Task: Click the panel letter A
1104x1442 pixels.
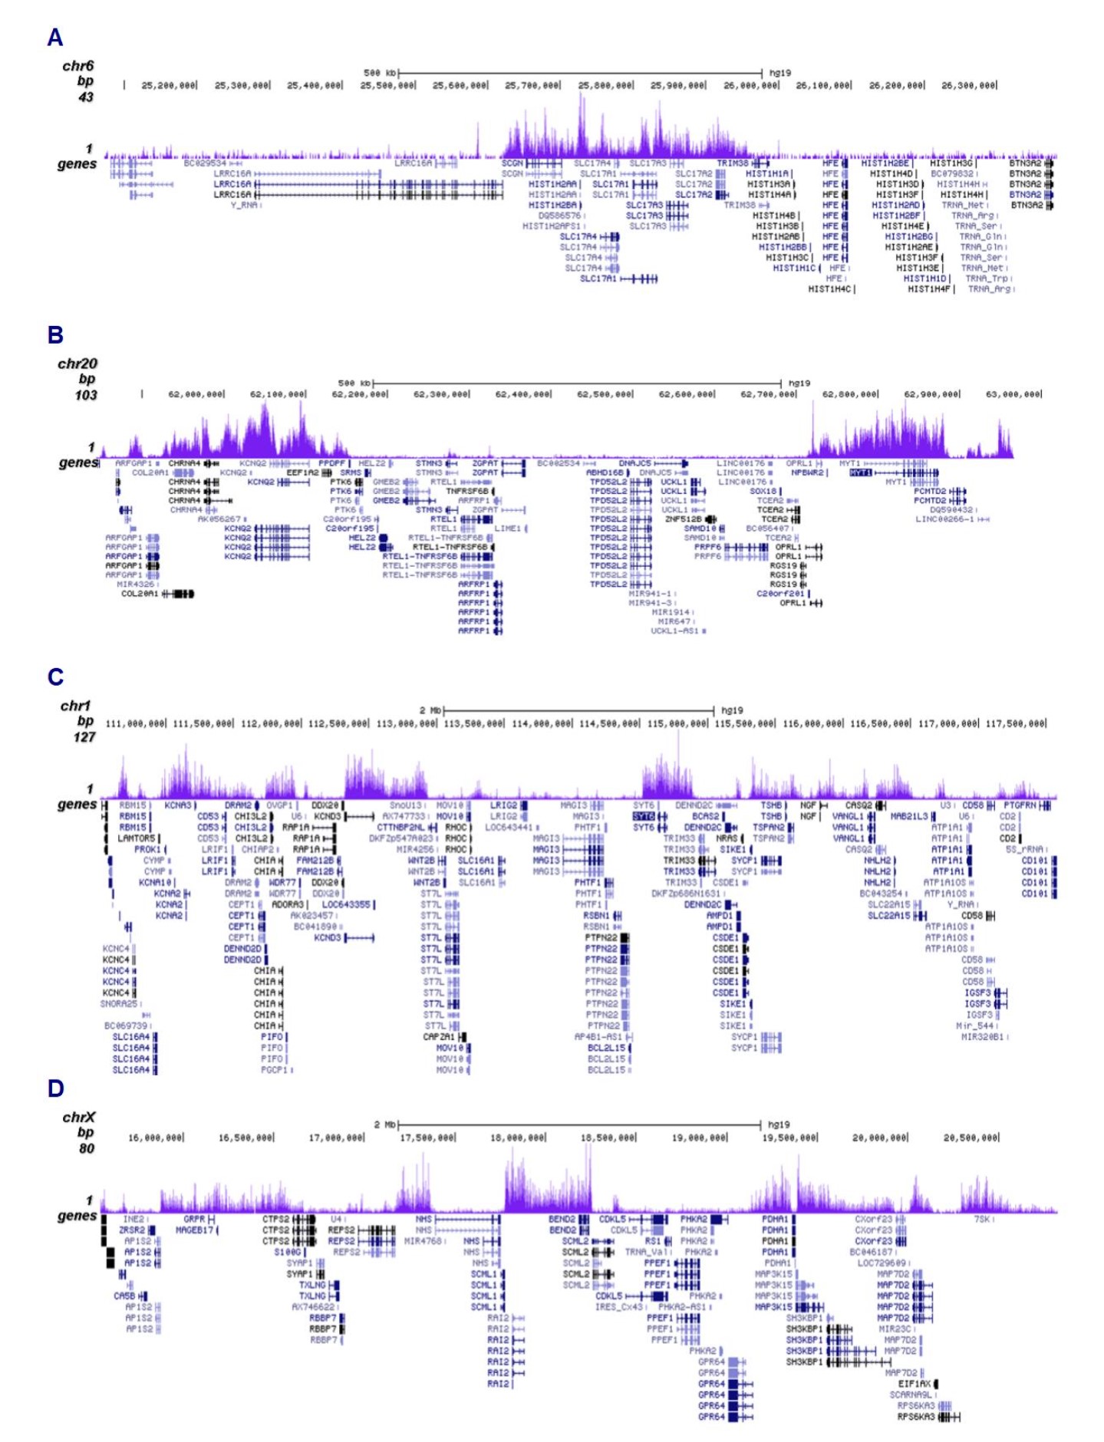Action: tap(54, 37)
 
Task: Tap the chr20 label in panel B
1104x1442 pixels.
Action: tap(77, 364)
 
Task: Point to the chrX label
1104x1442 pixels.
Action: tap(78, 1117)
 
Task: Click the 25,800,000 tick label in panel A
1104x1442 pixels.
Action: tap(605, 86)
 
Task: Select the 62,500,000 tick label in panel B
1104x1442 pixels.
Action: tap(605, 394)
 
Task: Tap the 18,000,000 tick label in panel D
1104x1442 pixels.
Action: tap(518, 1137)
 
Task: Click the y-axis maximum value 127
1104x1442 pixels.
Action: tap(84, 736)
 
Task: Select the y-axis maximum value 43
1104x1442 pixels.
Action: tap(85, 97)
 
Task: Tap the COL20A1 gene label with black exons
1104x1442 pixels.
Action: tap(140, 594)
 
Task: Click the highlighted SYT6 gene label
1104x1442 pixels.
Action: tap(644, 817)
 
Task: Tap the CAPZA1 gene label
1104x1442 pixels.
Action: tap(440, 1037)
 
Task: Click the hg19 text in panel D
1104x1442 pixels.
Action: tap(779, 1124)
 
